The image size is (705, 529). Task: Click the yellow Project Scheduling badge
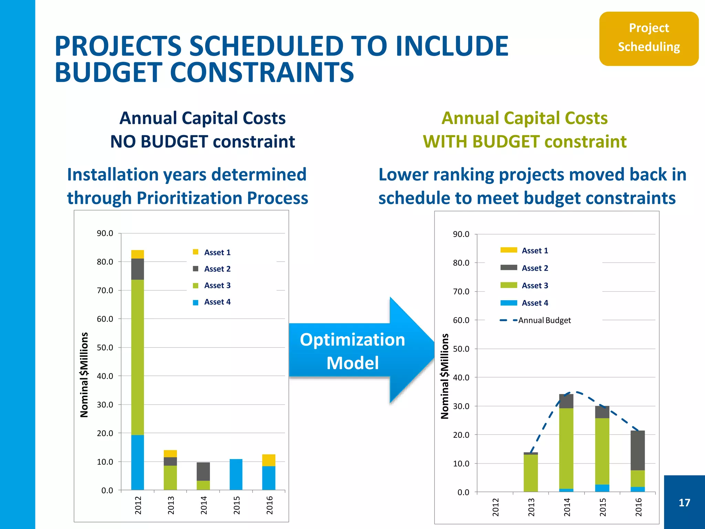[649, 38]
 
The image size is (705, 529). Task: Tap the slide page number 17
[684, 502]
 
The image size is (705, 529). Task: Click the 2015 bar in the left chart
[236, 474]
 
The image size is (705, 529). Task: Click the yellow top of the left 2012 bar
[137, 254]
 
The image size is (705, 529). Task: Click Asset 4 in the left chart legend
[217, 302]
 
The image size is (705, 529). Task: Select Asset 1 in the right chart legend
[534, 250]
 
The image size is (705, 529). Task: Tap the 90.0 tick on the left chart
[105, 233]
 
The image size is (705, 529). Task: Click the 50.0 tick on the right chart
[461, 349]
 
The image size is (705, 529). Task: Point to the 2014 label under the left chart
[203, 505]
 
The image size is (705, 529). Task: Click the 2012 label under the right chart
[495, 507]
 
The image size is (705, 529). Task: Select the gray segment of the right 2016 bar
[637, 450]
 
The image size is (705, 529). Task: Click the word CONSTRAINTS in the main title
[262, 73]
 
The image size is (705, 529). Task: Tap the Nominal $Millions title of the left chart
[84, 375]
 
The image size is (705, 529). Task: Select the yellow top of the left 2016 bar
[269, 460]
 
